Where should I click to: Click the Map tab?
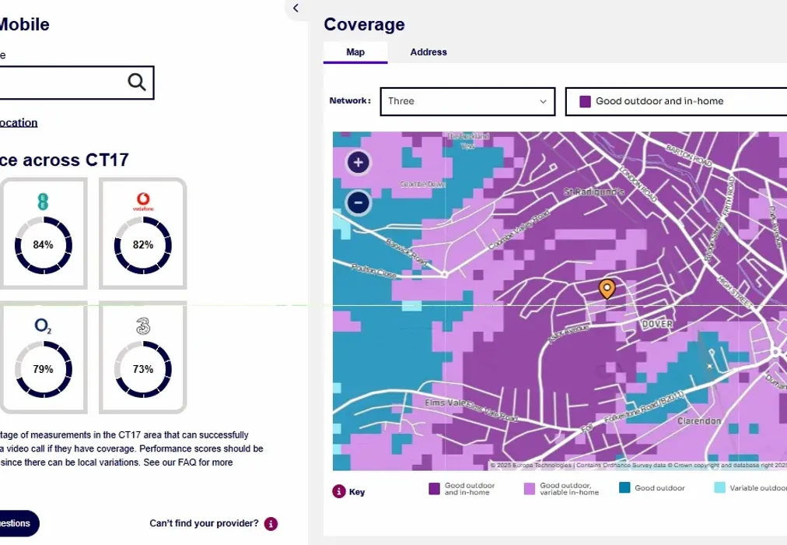(x=355, y=52)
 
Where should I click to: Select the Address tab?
(x=428, y=52)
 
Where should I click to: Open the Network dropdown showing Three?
(x=467, y=101)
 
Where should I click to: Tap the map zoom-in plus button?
(x=358, y=163)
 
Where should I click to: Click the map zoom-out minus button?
(x=358, y=202)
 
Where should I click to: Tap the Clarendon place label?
(x=698, y=421)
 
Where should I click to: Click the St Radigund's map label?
(x=594, y=192)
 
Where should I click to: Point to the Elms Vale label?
(x=446, y=403)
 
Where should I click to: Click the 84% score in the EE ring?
(x=44, y=244)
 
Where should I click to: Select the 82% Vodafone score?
(x=143, y=244)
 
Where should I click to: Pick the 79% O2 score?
(x=44, y=369)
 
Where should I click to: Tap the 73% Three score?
(x=143, y=369)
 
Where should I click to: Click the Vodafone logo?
(x=143, y=203)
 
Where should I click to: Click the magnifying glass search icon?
(x=137, y=82)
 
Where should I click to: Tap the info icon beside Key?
(x=338, y=491)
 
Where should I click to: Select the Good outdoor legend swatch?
(x=624, y=488)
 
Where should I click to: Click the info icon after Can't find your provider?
(x=271, y=523)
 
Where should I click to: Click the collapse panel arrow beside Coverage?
(x=296, y=8)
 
